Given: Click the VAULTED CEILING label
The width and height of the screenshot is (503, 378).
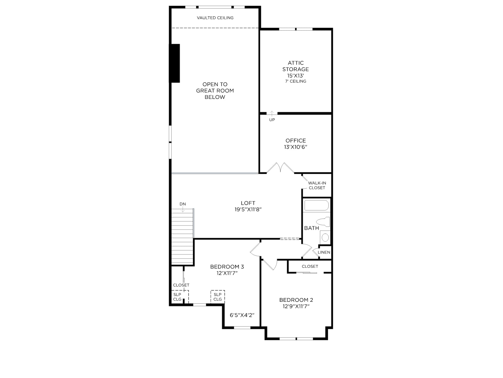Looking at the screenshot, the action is (215, 18).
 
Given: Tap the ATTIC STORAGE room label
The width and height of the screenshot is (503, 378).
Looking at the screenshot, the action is (296, 66).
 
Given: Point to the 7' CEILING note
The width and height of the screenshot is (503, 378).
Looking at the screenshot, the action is (296, 81).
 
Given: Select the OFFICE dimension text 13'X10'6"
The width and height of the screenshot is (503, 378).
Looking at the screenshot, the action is (296, 147).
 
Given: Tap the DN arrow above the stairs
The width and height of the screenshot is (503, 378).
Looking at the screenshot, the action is (183, 209).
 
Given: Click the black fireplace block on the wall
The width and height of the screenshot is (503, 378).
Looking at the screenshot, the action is (174, 63).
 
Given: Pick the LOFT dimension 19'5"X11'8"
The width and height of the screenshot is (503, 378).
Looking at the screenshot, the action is (248, 209).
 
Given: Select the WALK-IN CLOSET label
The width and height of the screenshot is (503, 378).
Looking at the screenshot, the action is (317, 185).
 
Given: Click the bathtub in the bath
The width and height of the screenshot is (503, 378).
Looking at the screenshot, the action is (317, 205).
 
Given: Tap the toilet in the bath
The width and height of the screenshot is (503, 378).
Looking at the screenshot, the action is (323, 222).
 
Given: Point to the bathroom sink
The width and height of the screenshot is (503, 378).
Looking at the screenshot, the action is (325, 237).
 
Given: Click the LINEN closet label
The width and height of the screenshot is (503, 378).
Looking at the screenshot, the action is (324, 252).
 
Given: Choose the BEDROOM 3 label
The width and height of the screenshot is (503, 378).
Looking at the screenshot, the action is (227, 267).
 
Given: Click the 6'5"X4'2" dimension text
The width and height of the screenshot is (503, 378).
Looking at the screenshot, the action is (242, 315).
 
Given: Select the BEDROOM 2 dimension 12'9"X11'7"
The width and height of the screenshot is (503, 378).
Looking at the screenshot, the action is (296, 306).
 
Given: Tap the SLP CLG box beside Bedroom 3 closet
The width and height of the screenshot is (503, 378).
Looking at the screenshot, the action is (180, 297).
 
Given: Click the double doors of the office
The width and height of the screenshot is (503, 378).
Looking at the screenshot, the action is (280, 168).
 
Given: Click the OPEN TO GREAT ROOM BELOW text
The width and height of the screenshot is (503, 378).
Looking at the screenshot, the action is (215, 91).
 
